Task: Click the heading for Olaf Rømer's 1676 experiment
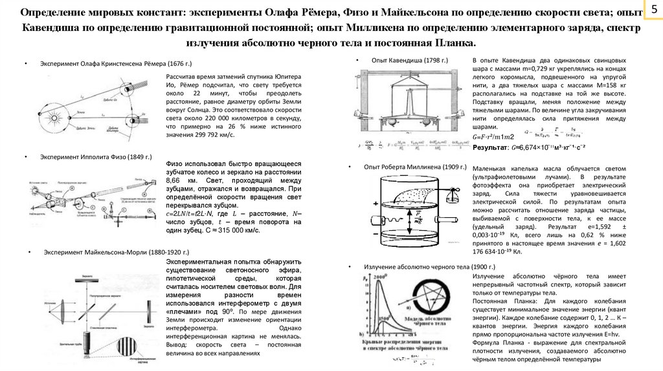point(117,66)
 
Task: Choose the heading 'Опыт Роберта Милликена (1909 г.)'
point(415,167)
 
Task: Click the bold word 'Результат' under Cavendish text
point(489,147)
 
